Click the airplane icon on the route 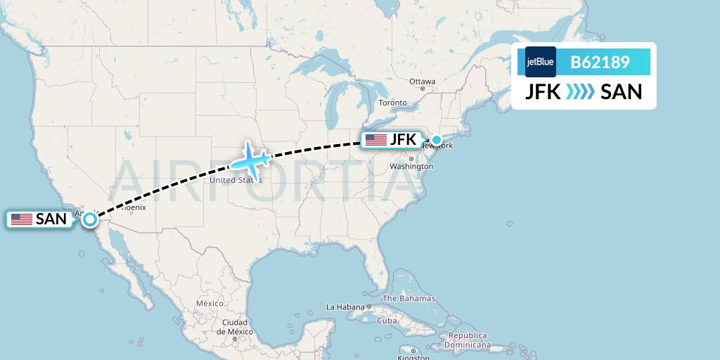pos(249,159)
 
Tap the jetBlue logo pos(541,62)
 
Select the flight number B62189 pos(600,63)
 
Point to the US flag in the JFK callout pos(375,140)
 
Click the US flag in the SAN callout pos(21,219)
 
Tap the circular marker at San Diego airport pos(90,219)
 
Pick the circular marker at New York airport pos(437,140)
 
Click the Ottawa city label pos(423,82)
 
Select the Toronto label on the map pos(393,103)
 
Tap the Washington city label pos(411,167)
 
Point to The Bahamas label pos(409,299)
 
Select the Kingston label pos(413,357)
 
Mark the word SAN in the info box pos(622,91)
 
